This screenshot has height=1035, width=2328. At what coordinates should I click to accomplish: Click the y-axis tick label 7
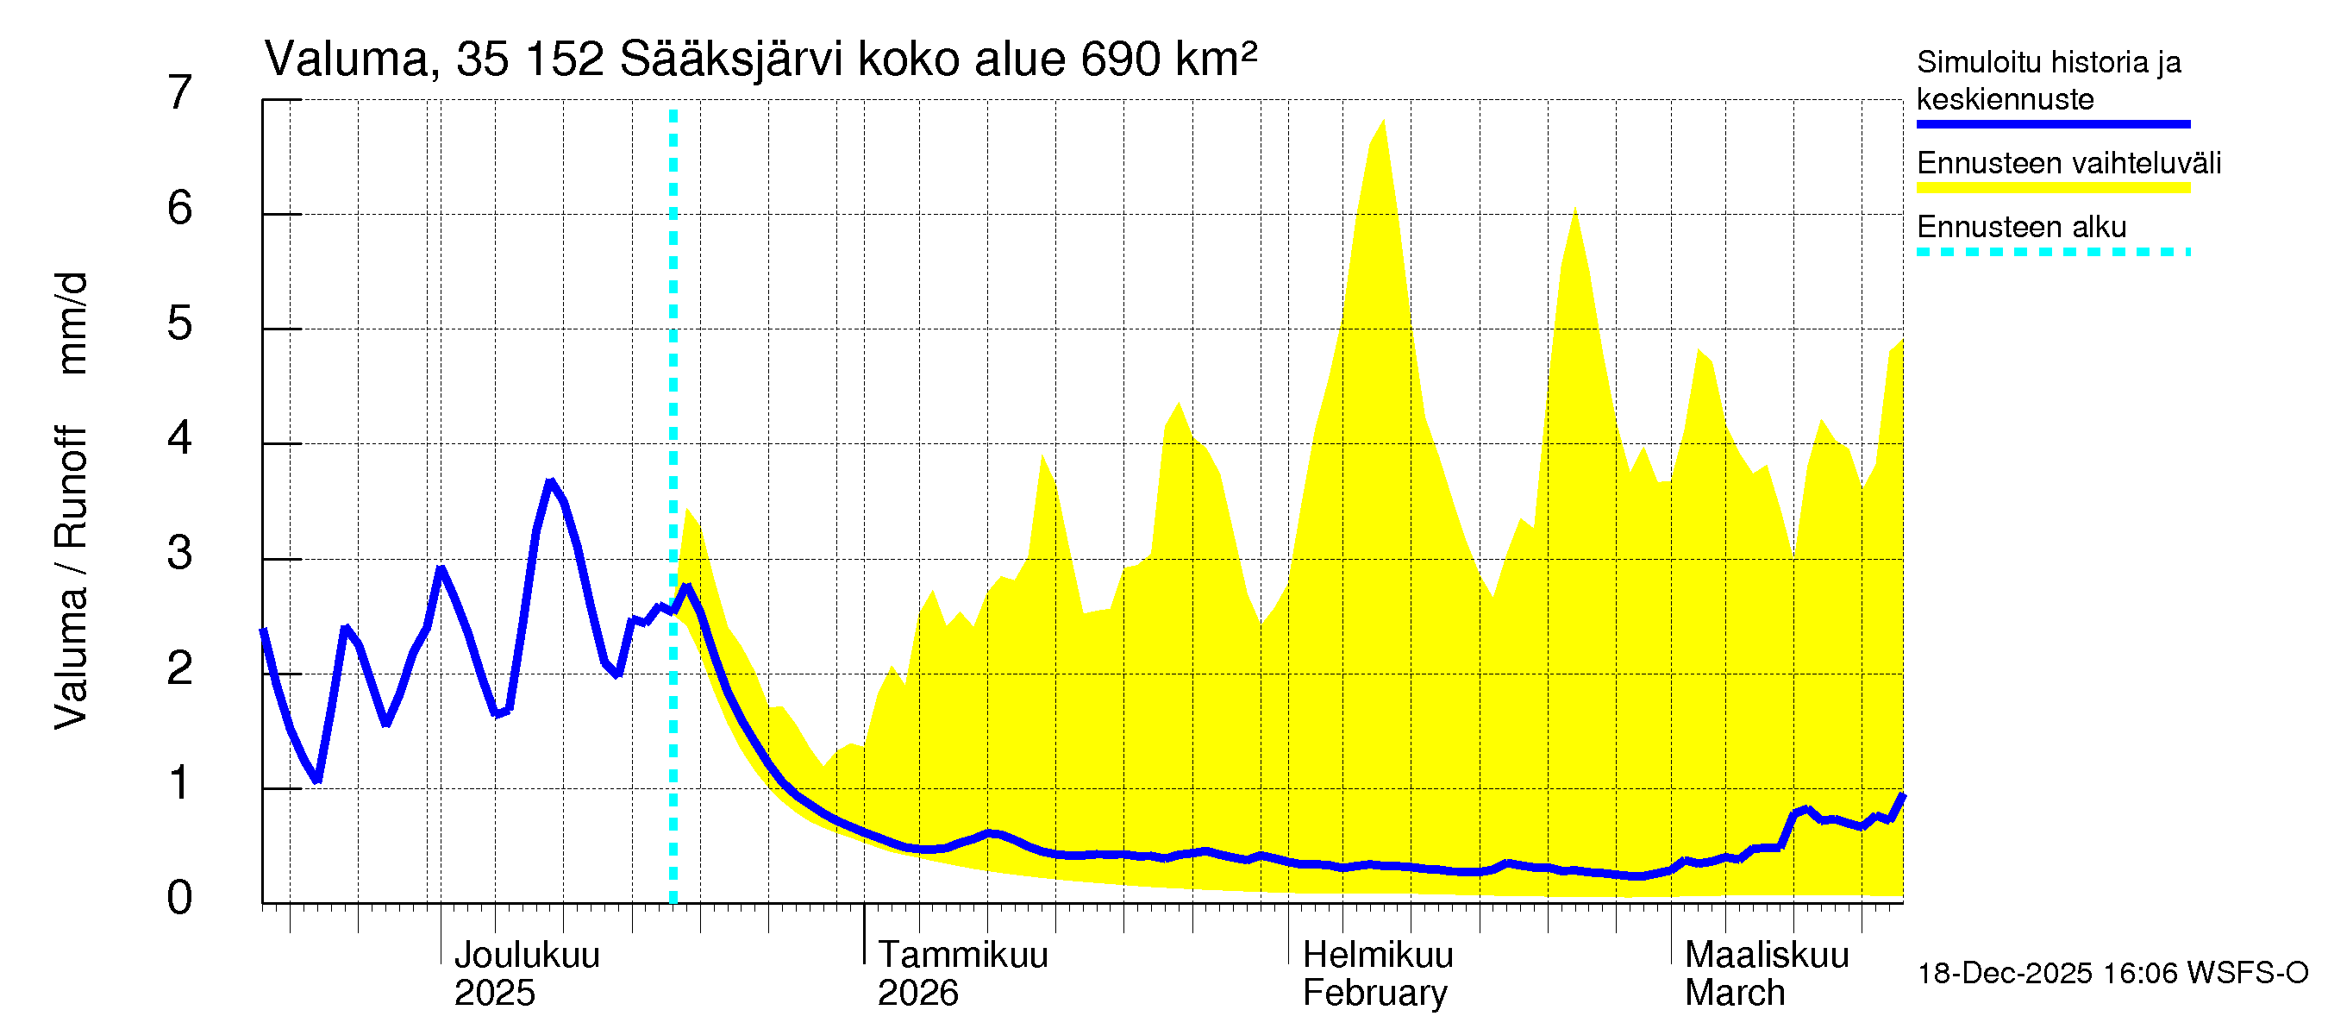[x=180, y=93]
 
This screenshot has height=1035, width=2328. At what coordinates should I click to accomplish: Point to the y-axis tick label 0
[x=180, y=898]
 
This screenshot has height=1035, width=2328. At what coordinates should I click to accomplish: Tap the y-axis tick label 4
[x=180, y=438]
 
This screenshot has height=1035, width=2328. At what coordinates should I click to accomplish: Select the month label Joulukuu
[x=526, y=955]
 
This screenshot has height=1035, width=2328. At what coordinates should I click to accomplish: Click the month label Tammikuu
[x=962, y=955]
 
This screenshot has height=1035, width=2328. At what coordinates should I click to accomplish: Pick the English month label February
[x=1374, y=993]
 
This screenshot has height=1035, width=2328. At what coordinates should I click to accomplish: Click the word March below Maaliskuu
[x=1734, y=993]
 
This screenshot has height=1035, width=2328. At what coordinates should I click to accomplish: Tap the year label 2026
[x=917, y=993]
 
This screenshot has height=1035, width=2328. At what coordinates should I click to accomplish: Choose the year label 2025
[x=494, y=993]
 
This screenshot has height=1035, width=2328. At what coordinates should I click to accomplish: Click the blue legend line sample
[x=2052, y=124]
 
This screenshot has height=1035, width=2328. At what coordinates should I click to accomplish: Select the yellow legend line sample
[x=2052, y=188]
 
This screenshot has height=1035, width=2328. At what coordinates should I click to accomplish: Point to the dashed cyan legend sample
[x=2052, y=251]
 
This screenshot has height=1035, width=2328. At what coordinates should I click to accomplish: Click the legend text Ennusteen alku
[x=2021, y=226]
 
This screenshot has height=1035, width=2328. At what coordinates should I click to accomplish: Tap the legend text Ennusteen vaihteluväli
[x=2068, y=163]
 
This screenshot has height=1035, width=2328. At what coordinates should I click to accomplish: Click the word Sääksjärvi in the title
[x=730, y=60]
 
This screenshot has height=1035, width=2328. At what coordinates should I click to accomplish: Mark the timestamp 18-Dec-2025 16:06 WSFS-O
[x=2112, y=973]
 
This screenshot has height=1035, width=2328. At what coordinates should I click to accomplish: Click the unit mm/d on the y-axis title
[x=72, y=323]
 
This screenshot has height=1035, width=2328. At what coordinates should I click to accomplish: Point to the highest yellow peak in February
[x=1383, y=121]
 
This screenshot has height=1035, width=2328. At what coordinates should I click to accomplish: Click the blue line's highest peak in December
[x=549, y=482]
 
